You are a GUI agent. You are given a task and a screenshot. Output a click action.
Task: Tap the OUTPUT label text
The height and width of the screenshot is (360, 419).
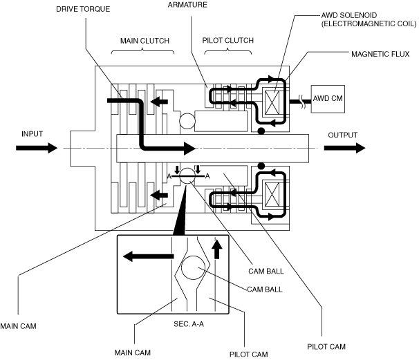pyautogui.click(x=343, y=135)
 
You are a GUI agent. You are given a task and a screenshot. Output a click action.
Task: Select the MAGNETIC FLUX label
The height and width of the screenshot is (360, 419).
pyautogui.click(x=380, y=52)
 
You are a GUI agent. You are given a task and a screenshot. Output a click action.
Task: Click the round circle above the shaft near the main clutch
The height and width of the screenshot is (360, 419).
pyautogui.click(x=188, y=122)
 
